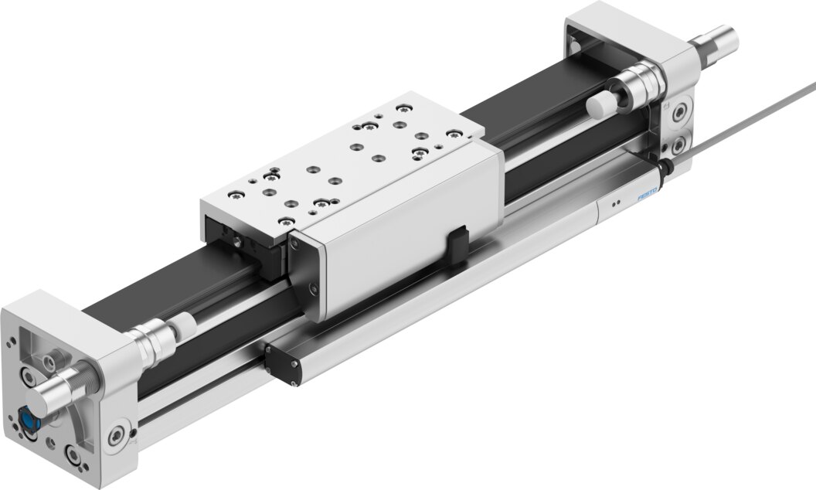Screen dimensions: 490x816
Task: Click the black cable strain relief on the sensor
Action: [663, 166]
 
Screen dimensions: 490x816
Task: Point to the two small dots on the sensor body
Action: [615, 204]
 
